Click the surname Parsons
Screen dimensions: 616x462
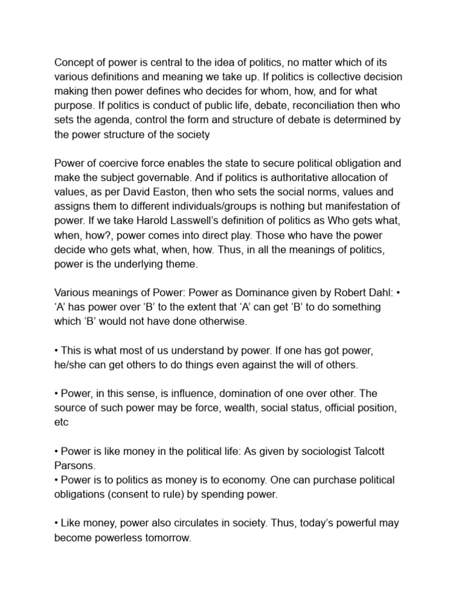click(75, 465)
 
